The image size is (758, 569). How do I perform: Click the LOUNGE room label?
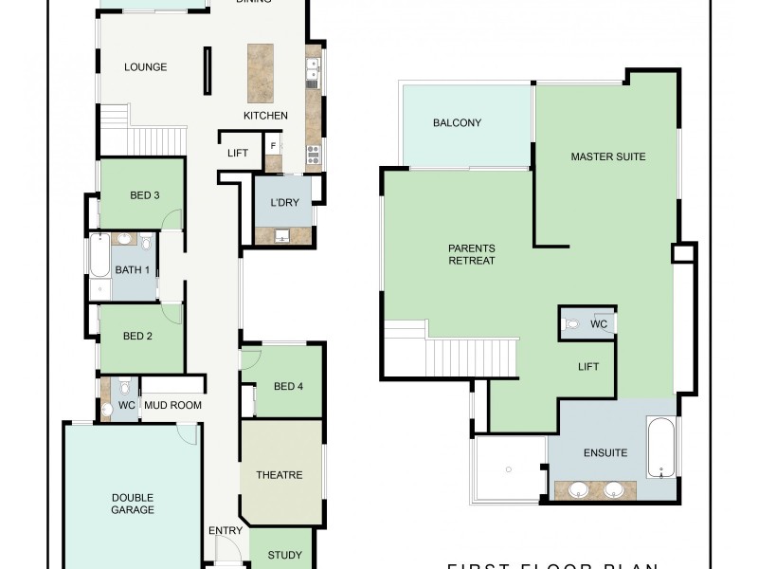(146, 67)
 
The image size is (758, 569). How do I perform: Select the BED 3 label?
(144, 196)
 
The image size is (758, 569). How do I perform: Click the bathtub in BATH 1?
(99, 268)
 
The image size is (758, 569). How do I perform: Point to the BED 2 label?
(137, 336)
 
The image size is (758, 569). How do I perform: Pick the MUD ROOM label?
(172, 406)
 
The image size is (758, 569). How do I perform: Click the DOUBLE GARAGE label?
(133, 504)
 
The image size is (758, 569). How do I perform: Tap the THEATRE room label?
(280, 475)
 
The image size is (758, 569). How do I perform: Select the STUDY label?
(284, 556)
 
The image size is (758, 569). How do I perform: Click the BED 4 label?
(289, 386)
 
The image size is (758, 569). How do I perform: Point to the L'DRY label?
(284, 203)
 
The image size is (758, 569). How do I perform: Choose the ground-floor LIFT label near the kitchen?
(238, 153)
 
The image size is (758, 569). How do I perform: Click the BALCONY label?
(458, 122)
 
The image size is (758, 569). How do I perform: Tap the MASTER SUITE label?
(608, 156)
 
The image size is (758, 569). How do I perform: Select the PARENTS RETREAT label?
(472, 255)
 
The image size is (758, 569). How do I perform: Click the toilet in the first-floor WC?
(571, 324)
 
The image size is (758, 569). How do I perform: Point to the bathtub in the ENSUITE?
(660, 447)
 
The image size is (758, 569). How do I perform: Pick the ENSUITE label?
(605, 452)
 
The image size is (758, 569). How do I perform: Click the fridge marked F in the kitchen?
(273, 146)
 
